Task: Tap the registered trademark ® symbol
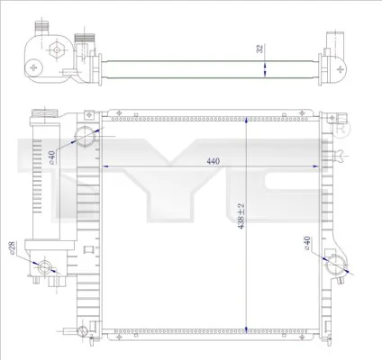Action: coord(339,132)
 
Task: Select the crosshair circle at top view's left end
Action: coord(33,67)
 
